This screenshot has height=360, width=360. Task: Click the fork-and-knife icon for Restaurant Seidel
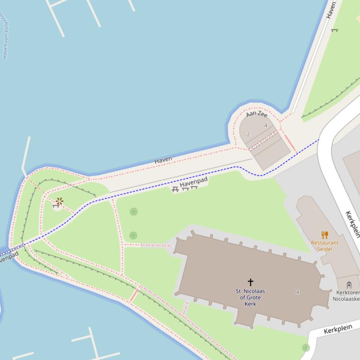click(324, 235)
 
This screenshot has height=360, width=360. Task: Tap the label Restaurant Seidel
click(324, 246)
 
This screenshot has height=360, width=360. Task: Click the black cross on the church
click(250, 282)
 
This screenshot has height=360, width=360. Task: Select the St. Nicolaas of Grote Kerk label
click(250, 297)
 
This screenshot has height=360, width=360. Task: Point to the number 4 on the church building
click(298, 292)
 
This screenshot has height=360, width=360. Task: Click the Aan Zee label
click(257, 114)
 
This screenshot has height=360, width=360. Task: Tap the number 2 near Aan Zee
click(248, 134)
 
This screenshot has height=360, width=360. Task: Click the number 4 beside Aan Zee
click(265, 125)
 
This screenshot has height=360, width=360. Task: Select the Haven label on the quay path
click(163, 160)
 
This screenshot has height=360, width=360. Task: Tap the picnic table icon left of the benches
click(175, 189)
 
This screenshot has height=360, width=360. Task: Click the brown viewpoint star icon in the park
click(59, 202)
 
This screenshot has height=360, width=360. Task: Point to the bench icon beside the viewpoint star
click(55, 206)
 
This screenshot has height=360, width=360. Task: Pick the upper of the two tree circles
click(133, 212)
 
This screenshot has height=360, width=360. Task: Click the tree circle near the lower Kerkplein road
click(306, 347)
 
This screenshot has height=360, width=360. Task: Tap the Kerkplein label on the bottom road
click(338, 329)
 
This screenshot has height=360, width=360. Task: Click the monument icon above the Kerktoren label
click(349, 285)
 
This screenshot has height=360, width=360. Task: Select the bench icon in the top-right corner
click(334, 30)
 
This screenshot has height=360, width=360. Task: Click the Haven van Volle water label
click(5, 37)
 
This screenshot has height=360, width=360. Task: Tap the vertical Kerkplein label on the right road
click(353, 224)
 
